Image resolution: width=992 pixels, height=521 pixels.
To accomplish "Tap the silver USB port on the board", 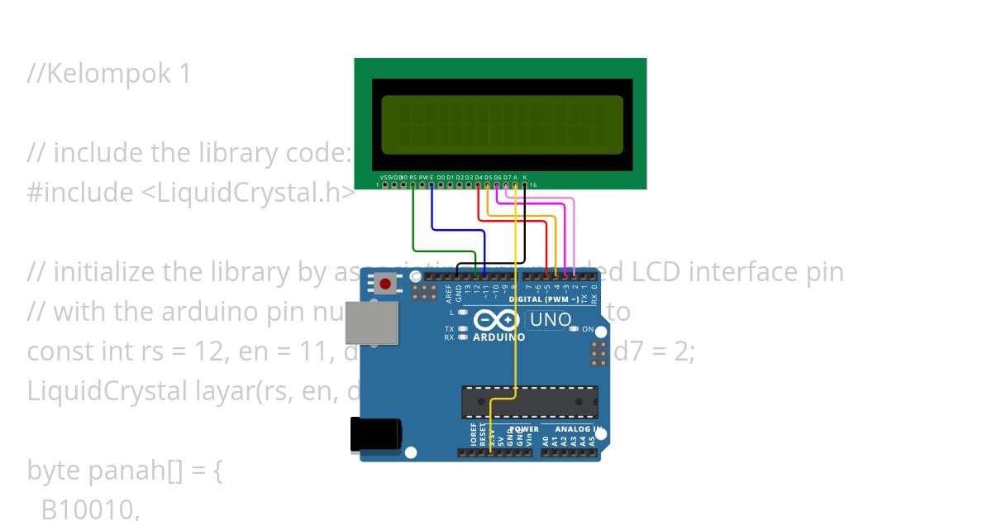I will (x=370, y=322).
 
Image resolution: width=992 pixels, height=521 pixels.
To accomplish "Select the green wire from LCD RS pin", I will (x=413, y=223).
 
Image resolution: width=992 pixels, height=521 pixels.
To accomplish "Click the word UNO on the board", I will (x=550, y=319).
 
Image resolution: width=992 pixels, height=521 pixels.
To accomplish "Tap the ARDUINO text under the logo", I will (x=498, y=337).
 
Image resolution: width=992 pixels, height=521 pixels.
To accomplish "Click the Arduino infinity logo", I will (x=496, y=320).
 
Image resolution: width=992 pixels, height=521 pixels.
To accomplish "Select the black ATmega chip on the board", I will (x=529, y=402).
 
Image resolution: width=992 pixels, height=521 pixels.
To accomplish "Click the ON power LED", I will (x=573, y=329).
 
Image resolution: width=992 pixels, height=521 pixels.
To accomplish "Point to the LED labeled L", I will (x=463, y=313).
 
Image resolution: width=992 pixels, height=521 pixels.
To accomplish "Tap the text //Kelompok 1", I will (x=108, y=74).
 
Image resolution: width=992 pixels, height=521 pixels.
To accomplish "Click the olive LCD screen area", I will (x=502, y=125).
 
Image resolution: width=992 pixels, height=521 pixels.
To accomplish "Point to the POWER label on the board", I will (x=523, y=429).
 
